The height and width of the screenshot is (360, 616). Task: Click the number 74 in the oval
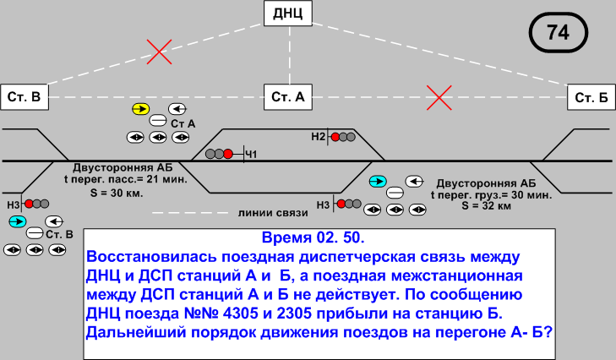tap(558, 33)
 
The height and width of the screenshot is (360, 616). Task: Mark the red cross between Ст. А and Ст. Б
tap(438, 98)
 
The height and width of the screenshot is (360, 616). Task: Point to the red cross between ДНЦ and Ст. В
tap(158, 51)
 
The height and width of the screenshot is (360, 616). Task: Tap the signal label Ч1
tap(251, 153)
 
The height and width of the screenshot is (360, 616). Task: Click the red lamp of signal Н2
tap(335, 137)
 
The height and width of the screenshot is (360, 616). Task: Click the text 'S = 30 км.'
tap(128, 194)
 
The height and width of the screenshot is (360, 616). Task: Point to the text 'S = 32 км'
tap(488, 205)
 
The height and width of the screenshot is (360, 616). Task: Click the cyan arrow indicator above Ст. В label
tap(16, 221)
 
